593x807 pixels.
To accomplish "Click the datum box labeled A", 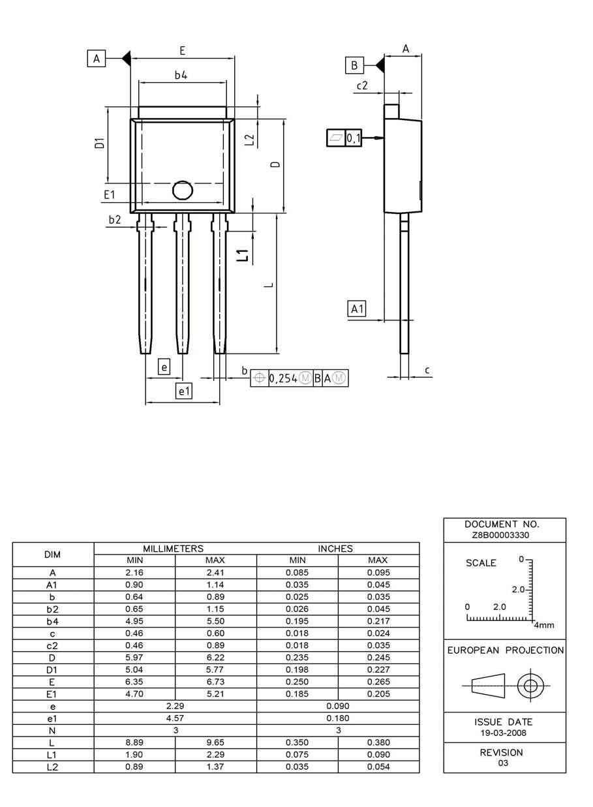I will click(x=97, y=59).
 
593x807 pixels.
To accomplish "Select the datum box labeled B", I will click(x=354, y=65).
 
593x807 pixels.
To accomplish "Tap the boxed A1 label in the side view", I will click(x=357, y=309).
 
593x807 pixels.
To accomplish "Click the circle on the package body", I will click(x=183, y=190).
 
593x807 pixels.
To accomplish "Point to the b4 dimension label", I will click(x=181, y=75).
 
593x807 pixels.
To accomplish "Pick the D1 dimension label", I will click(x=99, y=143).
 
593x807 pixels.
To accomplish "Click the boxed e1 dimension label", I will click(x=185, y=391).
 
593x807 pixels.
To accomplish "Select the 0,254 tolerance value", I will click(x=282, y=378).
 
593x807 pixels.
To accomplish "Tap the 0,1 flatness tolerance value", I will click(x=353, y=138).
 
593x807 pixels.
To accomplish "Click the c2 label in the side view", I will click(x=362, y=85).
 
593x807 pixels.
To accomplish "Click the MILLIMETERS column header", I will click(x=174, y=549).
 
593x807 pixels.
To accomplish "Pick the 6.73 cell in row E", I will click(x=215, y=682).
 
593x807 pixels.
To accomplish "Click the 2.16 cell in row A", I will click(x=134, y=573).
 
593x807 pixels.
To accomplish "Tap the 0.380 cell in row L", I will click(x=378, y=743).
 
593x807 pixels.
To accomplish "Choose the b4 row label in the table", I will click(x=52, y=621).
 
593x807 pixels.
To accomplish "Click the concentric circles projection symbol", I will click(x=530, y=686).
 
